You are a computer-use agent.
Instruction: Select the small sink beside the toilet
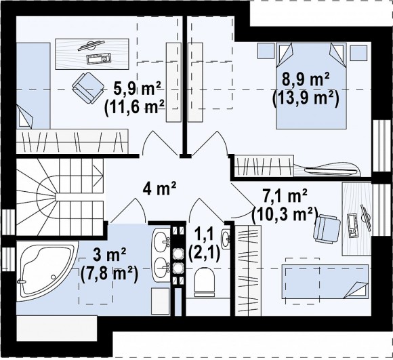pos(226,239)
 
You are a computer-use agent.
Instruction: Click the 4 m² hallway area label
pos(160,188)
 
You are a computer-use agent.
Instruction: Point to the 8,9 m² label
pos(306,80)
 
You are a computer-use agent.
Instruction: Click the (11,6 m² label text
pos(135,108)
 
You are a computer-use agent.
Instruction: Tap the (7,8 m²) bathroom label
pos(110,275)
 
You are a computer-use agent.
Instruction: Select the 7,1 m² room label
pos(285,197)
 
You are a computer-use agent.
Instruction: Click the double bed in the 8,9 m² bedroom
pos(311,85)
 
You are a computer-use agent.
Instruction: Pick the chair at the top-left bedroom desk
pos(88,87)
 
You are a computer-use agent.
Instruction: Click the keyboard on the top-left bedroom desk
pos(98,59)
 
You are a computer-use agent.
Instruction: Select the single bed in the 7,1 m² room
pos(325,281)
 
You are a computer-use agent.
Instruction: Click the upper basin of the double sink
pos(162,241)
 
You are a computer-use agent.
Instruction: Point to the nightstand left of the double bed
pos(266,51)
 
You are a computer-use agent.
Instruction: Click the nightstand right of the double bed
pos(358,53)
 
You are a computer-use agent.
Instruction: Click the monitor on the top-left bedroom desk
pos(91,45)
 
